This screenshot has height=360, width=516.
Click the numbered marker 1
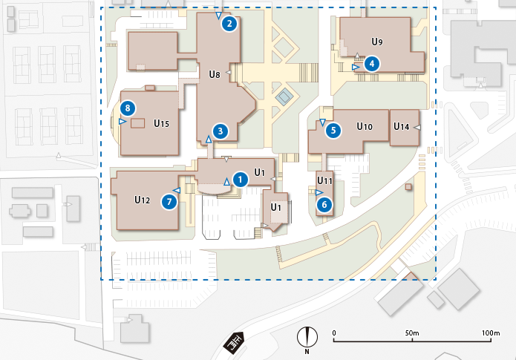pyautogui.click(x=240, y=179)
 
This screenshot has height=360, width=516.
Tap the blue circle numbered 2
pyautogui.click(x=230, y=24)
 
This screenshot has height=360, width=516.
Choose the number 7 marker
pyautogui.click(x=170, y=200)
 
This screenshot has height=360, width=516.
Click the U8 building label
pyautogui.click(x=215, y=73)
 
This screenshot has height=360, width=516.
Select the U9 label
pyautogui.click(x=377, y=42)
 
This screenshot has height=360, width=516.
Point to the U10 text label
pyautogui.click(x=364, y=127)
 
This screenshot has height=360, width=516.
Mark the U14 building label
pyautogui.click(x=401, y=127)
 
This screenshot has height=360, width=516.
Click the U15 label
pyautogui.click(x=162, y=122)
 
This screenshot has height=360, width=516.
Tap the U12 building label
pyautogui.click(x=143, y=200)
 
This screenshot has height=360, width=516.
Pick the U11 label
pyautogui.click(x=324, y=180)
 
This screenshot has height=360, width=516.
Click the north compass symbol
pyautogui.click(x=306, y=338)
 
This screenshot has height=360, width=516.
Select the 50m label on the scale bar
pyautogui.click(x=412, y=333)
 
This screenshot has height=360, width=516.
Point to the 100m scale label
pyautogui.click(x=491, y=333)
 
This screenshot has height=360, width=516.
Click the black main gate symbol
pyautogui.click(x=236, y=343)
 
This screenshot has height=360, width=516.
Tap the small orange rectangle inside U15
pyautogui.click(x=137, y=123)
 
